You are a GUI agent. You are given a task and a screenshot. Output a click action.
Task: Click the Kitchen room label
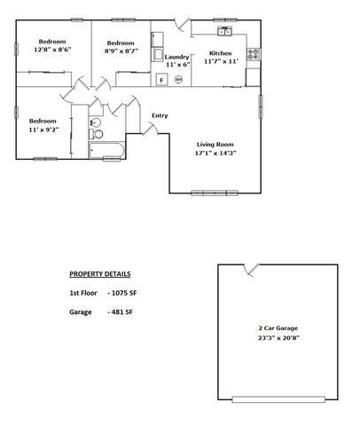(220, 53)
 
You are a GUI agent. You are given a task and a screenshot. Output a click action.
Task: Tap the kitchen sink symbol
(225, 31)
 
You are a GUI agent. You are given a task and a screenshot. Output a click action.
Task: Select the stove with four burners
(254, 54)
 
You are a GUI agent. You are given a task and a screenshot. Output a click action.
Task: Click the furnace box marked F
(161, 80)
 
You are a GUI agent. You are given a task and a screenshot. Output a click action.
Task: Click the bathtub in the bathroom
(106, 150)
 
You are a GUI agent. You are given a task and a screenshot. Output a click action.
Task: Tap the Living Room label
(215, 145)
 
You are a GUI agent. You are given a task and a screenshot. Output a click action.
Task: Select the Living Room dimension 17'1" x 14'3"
(215, 153)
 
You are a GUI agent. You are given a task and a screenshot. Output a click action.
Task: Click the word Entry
(160, 115)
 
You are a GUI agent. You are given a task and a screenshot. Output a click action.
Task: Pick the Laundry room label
(176, 57)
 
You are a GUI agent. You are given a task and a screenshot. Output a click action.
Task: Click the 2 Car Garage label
(278, 328)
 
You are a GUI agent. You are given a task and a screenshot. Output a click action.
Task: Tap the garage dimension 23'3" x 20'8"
(278, 338)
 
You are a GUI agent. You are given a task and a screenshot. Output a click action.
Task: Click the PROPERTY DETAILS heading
(100, 274)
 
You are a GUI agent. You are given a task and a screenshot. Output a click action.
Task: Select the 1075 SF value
(122, 293)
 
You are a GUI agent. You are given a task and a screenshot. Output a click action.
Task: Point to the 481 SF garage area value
(120, 312)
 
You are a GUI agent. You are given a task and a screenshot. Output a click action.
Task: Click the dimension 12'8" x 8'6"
(52, 50)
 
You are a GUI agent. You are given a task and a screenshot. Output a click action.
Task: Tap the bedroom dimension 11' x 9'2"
(43, 130)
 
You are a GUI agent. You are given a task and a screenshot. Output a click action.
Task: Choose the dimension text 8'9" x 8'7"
(121, 51)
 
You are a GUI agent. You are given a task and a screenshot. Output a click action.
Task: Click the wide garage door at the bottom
(278, 399)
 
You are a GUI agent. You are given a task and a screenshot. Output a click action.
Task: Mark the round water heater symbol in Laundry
(178, 79)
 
